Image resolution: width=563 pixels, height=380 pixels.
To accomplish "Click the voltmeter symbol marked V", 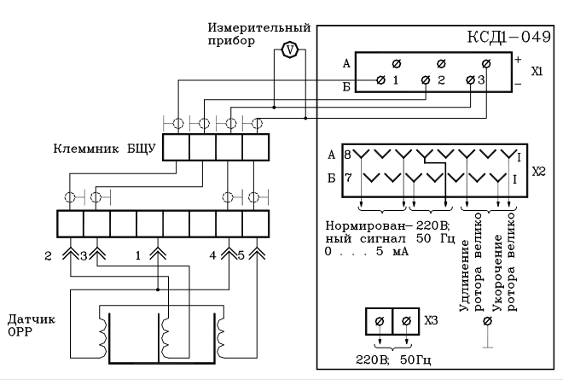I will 289,50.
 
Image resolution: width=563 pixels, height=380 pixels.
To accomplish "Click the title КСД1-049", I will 507,39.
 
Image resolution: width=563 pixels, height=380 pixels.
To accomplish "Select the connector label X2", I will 538,171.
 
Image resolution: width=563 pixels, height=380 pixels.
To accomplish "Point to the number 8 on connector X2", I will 347,156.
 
